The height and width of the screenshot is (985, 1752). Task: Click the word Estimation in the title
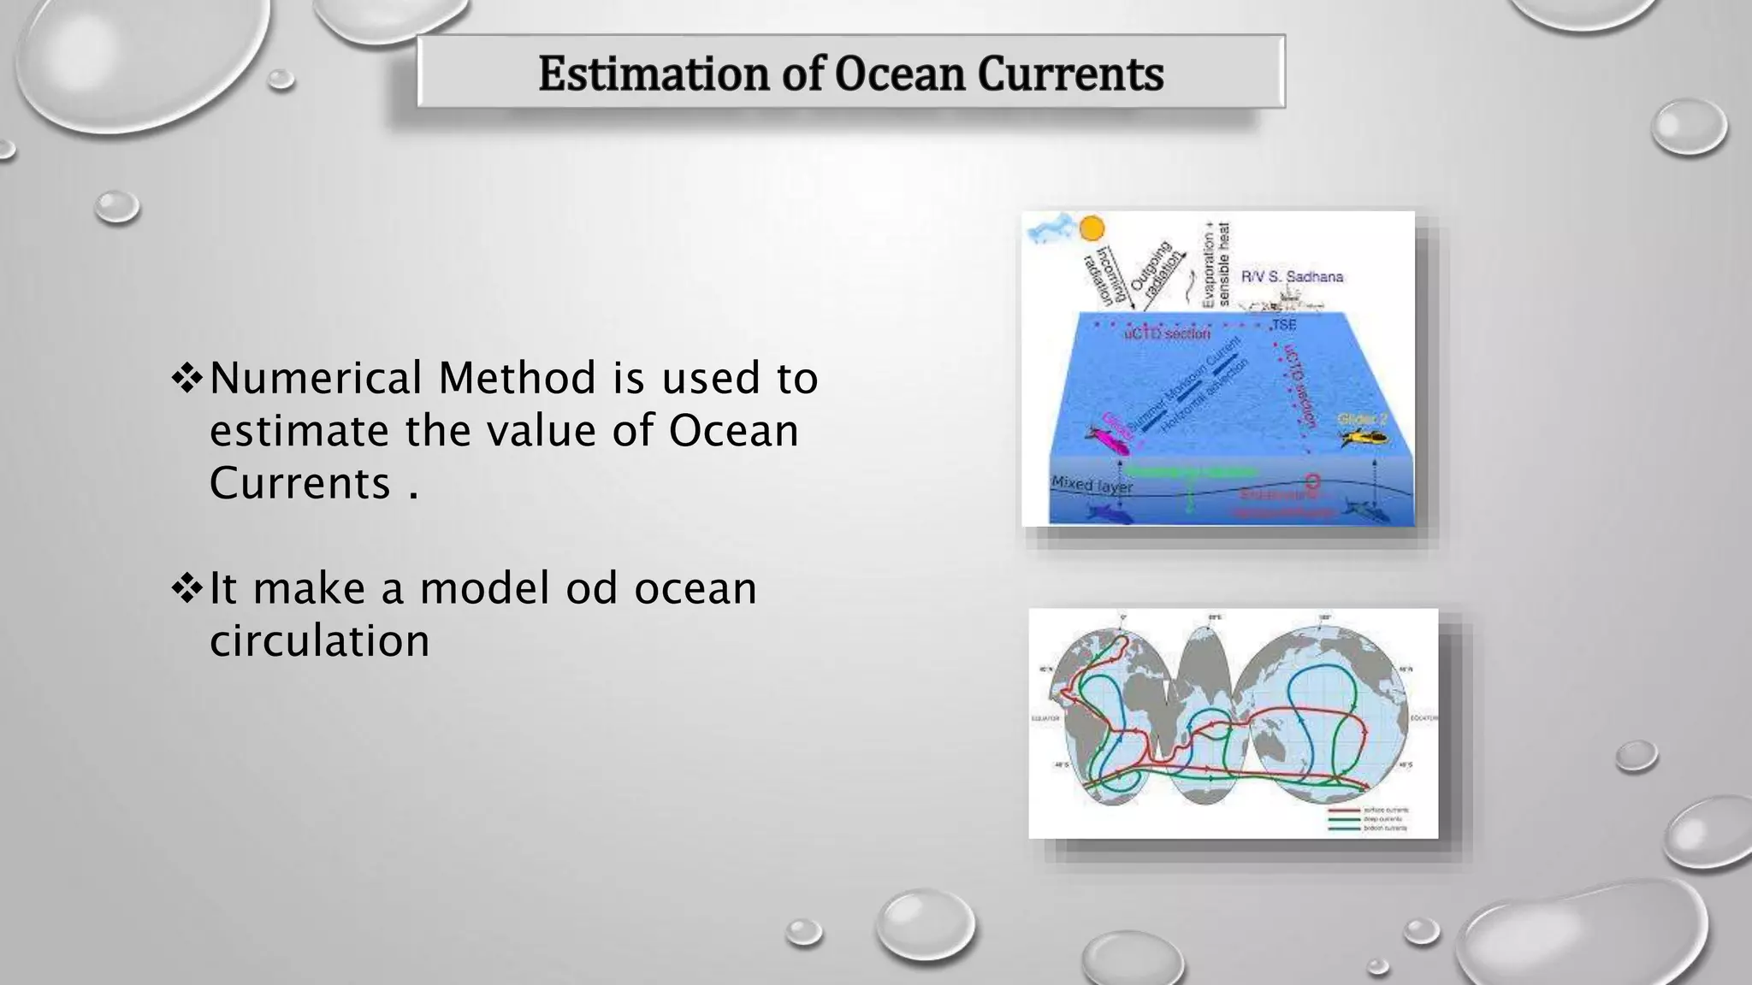coord(654,74)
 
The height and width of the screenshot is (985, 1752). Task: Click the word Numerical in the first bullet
coord(317,378)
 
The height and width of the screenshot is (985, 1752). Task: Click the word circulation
coord(319,640)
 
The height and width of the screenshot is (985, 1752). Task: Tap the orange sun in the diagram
coord(1092,229)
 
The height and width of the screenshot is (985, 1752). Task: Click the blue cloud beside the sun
coord(1051,229)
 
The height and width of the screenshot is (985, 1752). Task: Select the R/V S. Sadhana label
coord(1292,277)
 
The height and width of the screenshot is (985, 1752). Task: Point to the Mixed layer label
coord(1092,486)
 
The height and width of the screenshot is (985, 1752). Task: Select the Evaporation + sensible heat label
coord(1215,263)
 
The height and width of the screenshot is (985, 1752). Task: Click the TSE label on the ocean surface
coord(1283,325)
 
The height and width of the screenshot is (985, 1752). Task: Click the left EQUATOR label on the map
coord(1045,718)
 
